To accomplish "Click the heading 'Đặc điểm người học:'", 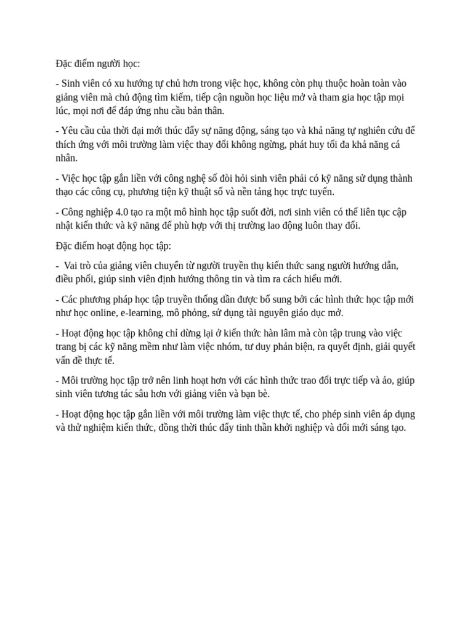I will point(97,63).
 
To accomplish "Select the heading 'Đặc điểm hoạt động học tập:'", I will point(113,246).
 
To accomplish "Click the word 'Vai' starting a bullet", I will point(72,266).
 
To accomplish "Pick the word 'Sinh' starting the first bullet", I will point(72,83).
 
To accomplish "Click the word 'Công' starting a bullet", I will point(74,212).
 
